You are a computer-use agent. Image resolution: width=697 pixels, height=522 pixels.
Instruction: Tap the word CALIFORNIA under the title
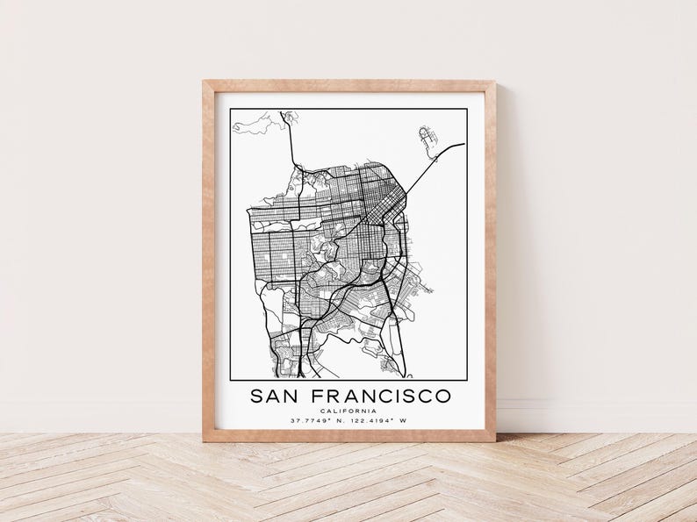[x=349, y=411]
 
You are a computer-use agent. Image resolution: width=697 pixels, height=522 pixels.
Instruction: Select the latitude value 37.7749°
[x=309, y=421]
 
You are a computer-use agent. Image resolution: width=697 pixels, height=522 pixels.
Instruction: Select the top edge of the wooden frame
[x=349, y=84]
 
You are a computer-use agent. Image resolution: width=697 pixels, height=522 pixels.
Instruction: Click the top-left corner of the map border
[x=229, y=111]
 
